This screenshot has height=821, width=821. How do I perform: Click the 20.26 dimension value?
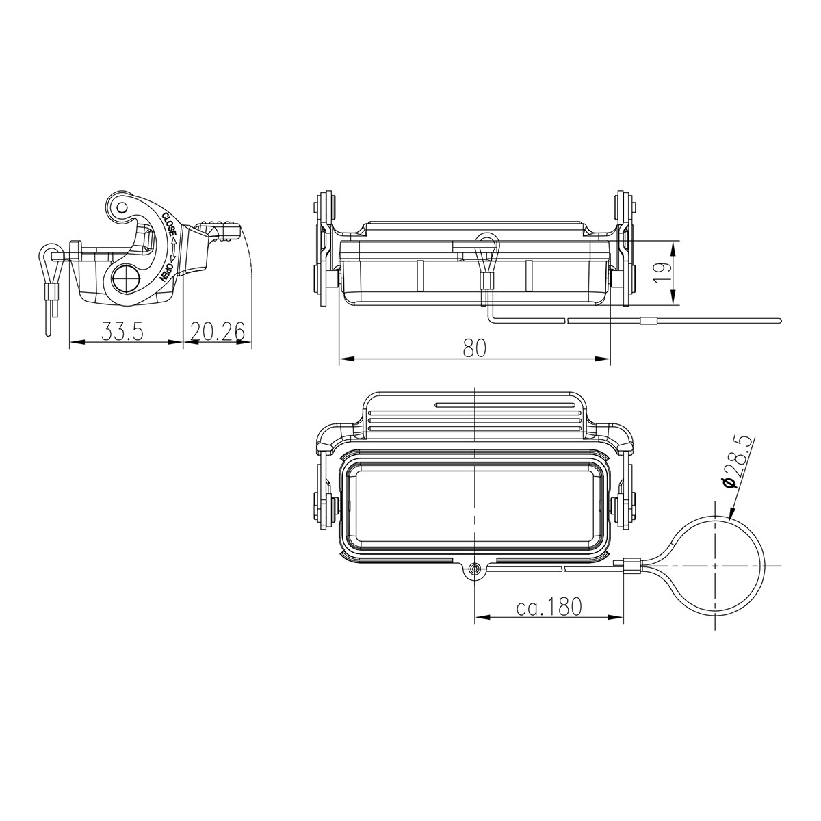tap(218, 333)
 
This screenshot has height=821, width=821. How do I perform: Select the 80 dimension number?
tap(474, 348)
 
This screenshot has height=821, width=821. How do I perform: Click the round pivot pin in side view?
tap(126, 280)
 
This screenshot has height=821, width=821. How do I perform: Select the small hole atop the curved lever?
tap(120, 206)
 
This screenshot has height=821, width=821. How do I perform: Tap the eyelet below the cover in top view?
tap(475, 569)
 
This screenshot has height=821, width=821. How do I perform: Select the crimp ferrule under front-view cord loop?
tap(486, 281)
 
